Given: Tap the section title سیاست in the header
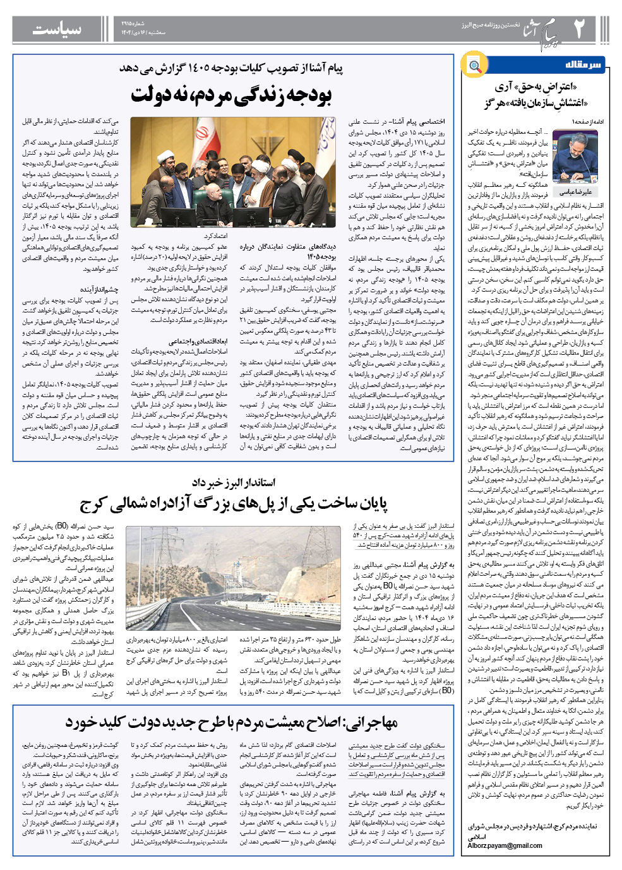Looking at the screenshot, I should (x=56, y=29).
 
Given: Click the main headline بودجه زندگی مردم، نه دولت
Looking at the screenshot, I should (x=231, y=95).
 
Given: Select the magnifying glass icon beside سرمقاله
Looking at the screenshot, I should (x=474, y=66).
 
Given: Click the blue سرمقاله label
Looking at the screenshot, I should (x=583, y=65).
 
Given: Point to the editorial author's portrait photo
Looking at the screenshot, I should (x=575, y=157).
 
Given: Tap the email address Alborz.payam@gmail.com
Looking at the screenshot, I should (x=505, y=845).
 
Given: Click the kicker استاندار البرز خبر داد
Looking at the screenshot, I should (x=234, y=483).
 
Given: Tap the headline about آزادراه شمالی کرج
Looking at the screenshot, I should (x=234, y=504).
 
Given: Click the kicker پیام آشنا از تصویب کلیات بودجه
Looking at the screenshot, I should (x=231, y=68).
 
